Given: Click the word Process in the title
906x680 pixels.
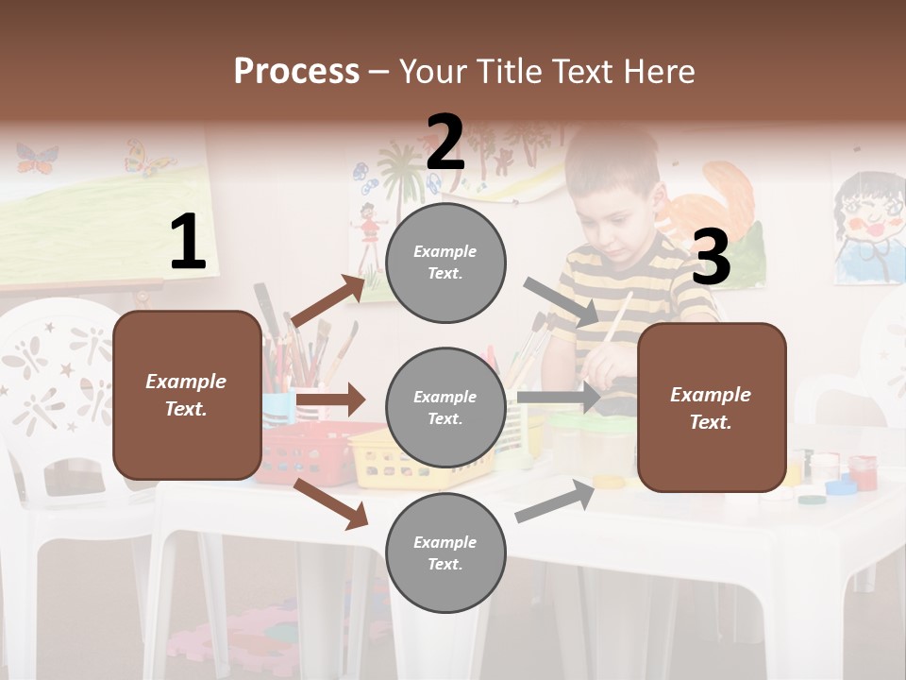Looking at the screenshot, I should click(x=296, y=71).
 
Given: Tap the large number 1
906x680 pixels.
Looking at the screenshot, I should click(x=188, y=243).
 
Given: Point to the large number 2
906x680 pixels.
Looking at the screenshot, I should click(x=445, y=143).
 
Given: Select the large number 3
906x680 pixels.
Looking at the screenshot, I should click(x=711, y=258).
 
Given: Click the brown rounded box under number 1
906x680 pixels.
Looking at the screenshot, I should click(x=187, y=395).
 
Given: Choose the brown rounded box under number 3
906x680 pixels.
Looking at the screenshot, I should click(x=712, y=407).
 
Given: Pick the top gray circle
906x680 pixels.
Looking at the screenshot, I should click(x=445, y=263).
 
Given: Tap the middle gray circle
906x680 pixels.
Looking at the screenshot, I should click(x=445, y=408).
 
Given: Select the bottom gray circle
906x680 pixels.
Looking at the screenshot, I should click(x=445, y=552).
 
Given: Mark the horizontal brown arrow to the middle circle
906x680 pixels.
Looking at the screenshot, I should click(x=330, y=399).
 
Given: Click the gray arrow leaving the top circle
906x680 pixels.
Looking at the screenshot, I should click(x=561, y=301).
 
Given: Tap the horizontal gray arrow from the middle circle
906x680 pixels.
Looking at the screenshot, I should click(x=559, y=398).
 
